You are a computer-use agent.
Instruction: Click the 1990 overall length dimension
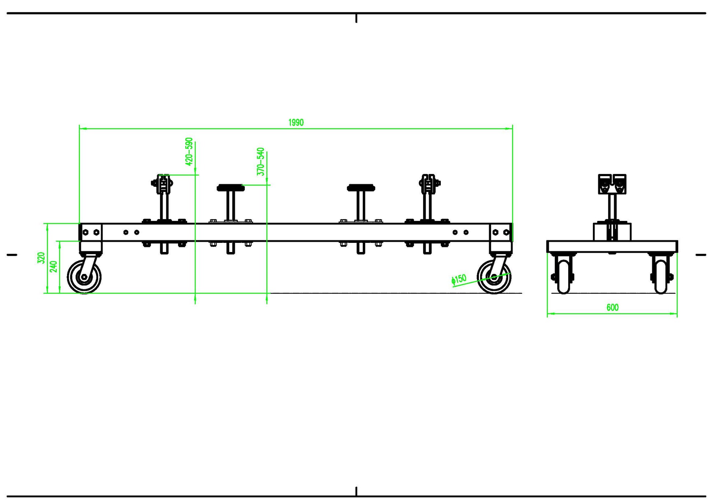(x=296, y=122)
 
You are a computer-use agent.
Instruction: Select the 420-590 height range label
(x=189, y=151)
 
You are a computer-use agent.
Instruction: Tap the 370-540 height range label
(x=260, y=161)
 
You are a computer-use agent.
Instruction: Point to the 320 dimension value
(x=41, y=257)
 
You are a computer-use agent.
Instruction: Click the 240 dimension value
(x=53, y=266)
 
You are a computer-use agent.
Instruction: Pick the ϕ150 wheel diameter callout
(x=459, y=279)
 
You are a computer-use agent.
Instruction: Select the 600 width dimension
(x=612, y=307)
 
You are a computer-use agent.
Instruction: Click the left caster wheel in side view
(x=84, y=277)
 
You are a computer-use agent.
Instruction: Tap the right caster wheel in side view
(x=494, y=277)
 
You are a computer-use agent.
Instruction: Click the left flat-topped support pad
(x=230, y=188)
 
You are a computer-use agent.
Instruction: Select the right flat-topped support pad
(x=361, y=188)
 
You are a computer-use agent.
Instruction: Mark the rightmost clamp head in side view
(x=429, y=184)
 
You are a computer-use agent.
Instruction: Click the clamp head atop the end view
(x=612, y=184)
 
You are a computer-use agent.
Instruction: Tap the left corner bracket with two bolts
(x=91, y=232)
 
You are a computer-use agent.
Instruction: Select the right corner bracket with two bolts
(x=501, y=232)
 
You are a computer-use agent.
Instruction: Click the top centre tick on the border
(x=356, y=18)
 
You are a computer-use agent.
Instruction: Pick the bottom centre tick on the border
(x=356, y=491)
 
